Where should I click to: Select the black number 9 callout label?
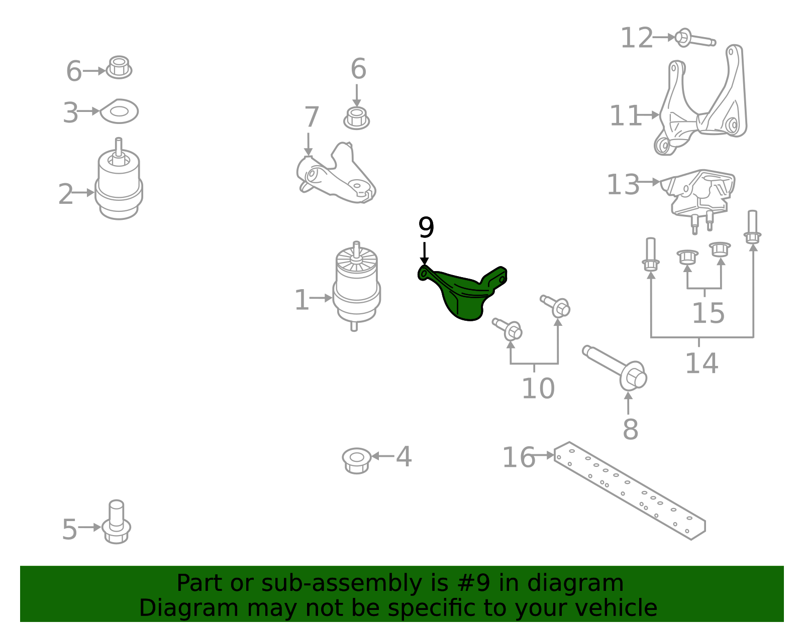(426, 228)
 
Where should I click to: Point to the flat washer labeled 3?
(119, 111)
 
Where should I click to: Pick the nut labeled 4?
(356, 459)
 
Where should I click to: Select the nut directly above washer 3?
(119, 67)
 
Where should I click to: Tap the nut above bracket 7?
(356, 118)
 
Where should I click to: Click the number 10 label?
(538, 388)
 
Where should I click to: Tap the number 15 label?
(708, 313)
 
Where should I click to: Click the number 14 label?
(701, 363)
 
